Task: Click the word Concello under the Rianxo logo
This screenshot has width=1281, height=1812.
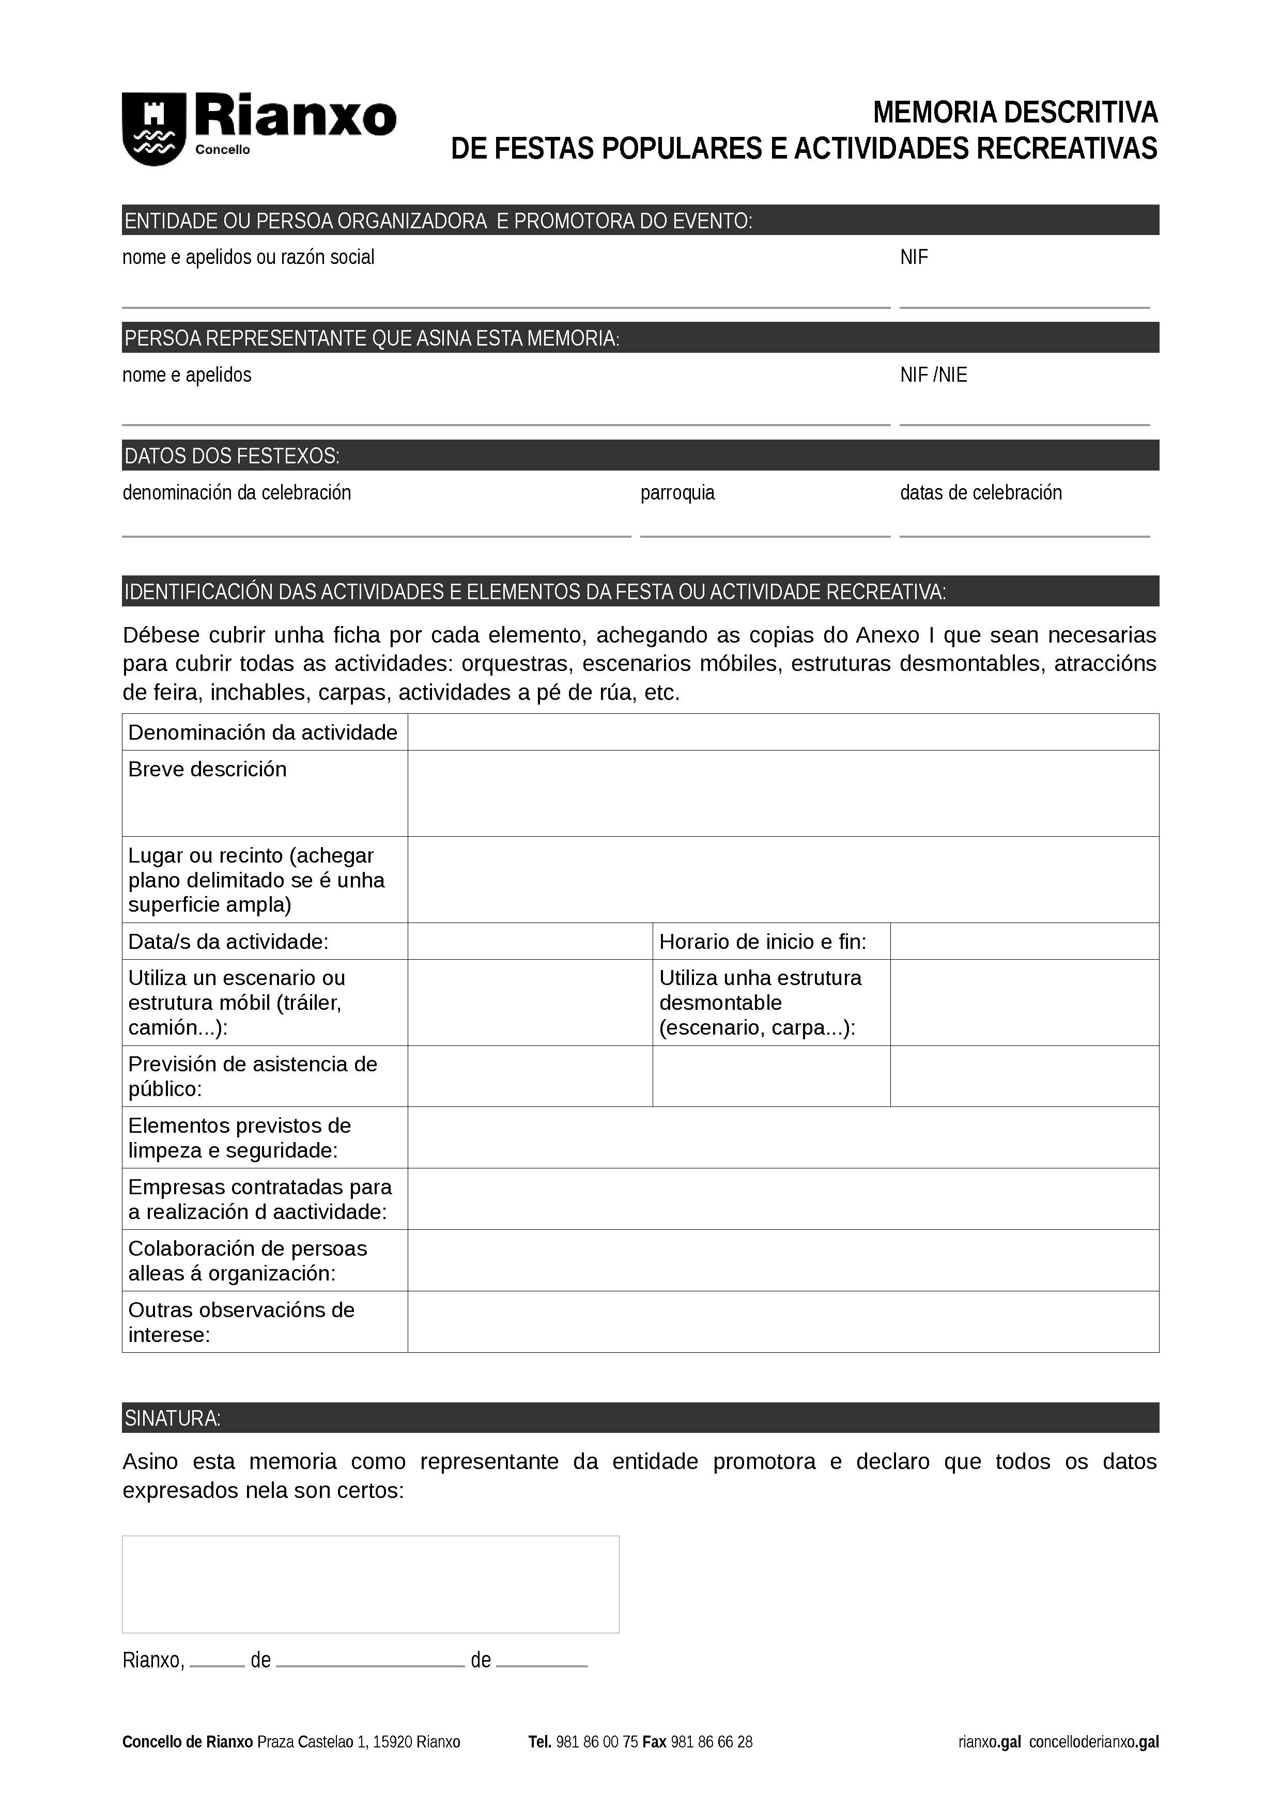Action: [222, 150]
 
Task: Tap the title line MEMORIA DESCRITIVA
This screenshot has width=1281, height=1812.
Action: [1014, 113]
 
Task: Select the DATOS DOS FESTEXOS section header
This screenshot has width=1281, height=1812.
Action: [232, 456]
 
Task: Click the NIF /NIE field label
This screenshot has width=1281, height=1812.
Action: [933, 375]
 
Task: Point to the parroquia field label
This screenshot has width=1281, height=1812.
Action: [677, 492]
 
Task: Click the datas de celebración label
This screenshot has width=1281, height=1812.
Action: [980, 492]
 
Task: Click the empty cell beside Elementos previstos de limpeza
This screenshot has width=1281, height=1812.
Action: [782, 1137]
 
